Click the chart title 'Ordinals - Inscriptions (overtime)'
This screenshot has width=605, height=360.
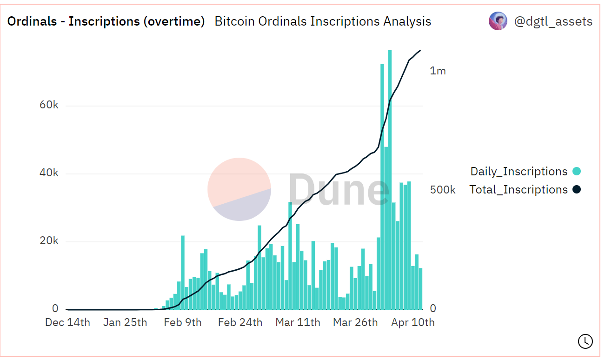point(106,21)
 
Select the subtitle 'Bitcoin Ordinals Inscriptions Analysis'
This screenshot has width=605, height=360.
point(323,21)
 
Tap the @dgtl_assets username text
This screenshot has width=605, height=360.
point(553,21)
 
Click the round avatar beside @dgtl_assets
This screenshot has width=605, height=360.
point(498,21)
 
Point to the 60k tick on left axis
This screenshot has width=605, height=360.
point(49,105)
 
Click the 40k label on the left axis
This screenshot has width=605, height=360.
point(49,173)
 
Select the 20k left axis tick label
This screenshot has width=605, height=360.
point(49,241)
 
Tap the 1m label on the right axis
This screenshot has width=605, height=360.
point(438,71)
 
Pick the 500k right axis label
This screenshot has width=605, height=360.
point(443,190)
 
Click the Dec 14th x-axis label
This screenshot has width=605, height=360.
point(67,322)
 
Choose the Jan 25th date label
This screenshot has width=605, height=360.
point(125,322)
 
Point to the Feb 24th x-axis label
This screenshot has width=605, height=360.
point(240,322)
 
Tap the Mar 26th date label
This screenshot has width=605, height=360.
point(355,322)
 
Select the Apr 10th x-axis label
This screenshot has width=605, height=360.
point(413,322)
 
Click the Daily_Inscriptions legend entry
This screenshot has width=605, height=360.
point(519,172)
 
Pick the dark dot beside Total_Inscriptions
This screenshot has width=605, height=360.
point(577,190)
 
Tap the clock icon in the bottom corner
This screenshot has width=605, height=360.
point(585,341)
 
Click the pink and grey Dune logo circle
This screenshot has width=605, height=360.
point(239,189)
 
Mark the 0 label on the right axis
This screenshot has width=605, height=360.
point(433,308)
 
